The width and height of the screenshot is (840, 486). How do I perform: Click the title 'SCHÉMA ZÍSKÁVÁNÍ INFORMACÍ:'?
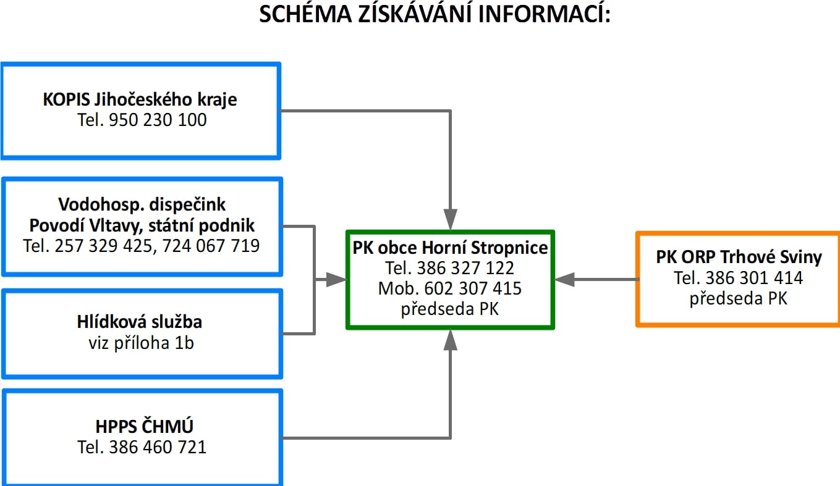click(435, 15)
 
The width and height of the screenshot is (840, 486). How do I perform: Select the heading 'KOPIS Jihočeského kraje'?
click(140, 99)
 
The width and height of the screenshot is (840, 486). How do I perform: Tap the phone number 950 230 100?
click(158, 120)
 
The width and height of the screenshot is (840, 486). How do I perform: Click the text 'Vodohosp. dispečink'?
click(142, 204)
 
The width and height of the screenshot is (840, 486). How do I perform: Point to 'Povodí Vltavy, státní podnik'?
click(142, 225)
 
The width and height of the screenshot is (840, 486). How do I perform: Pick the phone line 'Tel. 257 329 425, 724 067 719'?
click(142, 246)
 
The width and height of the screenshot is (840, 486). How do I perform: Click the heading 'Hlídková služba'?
click(140, 322)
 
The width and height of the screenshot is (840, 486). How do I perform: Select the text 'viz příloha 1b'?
click(141, 343)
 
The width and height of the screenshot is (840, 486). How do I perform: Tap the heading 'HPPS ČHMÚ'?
click(145, 426)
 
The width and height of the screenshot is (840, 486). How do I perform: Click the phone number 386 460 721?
click(158, 447)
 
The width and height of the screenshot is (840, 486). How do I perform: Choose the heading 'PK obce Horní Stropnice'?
click(450, 248)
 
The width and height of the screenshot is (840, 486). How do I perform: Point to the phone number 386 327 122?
click(465, 268)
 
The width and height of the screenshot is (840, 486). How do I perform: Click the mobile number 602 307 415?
click(473, 288)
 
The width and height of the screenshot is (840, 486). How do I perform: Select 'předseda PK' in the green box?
click(450, 309)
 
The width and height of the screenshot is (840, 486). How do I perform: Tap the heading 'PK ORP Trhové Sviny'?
click(739, 257)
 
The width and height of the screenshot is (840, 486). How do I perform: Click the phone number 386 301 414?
click(754, 278)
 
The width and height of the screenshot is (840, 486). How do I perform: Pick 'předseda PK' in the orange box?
click(739, 299)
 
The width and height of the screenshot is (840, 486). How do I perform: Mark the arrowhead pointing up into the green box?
click(450, 340)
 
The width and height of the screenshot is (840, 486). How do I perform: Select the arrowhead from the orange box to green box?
click(564, 280)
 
